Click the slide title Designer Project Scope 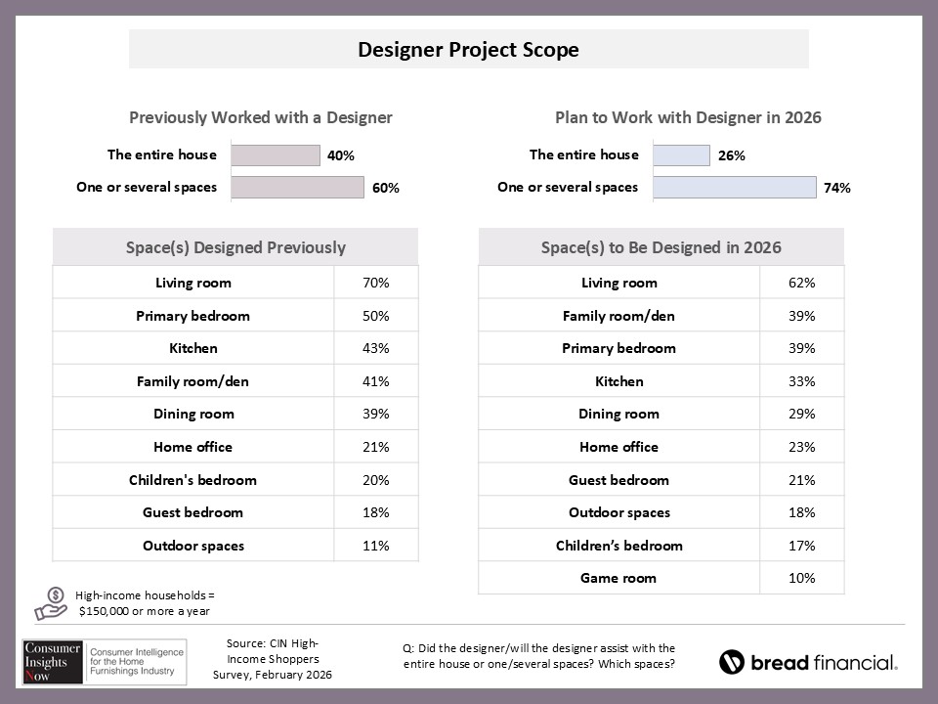point(468,50)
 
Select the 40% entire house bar point(276,155)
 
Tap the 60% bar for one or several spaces point(297,188)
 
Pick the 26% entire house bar point(681,155)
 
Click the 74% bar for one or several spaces point(734,188)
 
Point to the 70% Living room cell point(376,283)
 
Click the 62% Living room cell point(802,283)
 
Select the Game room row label point(618,578)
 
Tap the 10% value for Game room point(802,578)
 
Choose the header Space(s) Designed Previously point(235,247)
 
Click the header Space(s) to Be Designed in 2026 point(661,247)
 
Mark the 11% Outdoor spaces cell point(376,546)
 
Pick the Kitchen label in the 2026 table point(618,381)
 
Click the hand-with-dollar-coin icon point(51,603)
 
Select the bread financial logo point(808,663)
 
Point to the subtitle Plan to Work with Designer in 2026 point(688,117)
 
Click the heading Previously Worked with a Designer point(261,117)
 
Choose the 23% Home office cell point(802,447)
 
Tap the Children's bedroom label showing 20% point(192,480)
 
